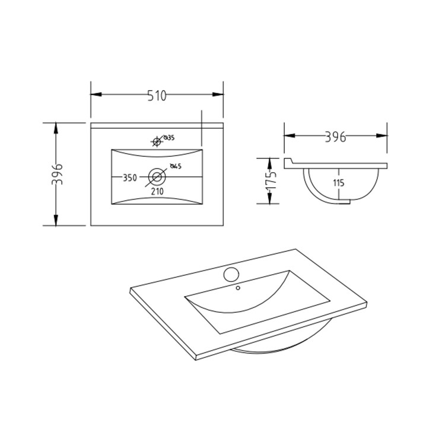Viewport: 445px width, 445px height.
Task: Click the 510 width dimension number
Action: coord(157,94)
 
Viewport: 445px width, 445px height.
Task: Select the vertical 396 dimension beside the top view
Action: coord(56,174)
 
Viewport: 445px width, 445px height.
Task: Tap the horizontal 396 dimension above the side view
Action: coord(336,137)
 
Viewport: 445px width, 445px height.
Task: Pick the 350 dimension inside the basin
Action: coord(130,177)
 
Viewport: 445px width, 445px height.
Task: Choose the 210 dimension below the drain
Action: coord(157,190)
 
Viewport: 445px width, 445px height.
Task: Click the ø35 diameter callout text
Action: coord(169,138)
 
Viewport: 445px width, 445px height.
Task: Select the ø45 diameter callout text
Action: coord(175,166)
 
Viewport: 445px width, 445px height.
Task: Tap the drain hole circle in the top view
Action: coord(157,176)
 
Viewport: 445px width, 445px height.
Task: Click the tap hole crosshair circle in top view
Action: coord(157,141)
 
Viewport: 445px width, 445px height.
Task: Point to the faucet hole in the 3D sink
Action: coord(231,274)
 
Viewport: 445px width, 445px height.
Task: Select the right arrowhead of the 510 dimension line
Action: coord(219,94)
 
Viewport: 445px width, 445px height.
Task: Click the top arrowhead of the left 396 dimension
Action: coord(56,128)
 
